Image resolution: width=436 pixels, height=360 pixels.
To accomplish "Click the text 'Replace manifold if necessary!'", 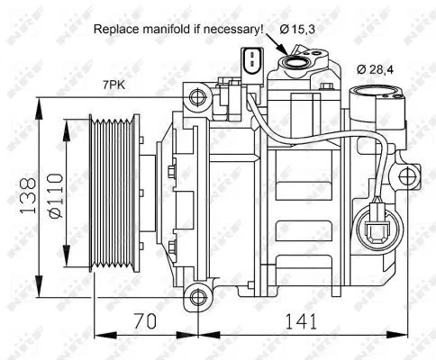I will point(178,29).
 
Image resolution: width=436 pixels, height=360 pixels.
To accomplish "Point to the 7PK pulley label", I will point(114,85).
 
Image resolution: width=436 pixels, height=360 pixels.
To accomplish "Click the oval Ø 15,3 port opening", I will point(295,62).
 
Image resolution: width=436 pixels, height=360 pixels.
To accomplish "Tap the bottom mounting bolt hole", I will point(196,294).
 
